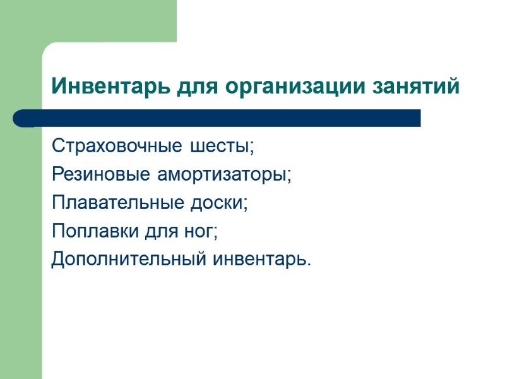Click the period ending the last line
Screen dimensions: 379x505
pos(309,263)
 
